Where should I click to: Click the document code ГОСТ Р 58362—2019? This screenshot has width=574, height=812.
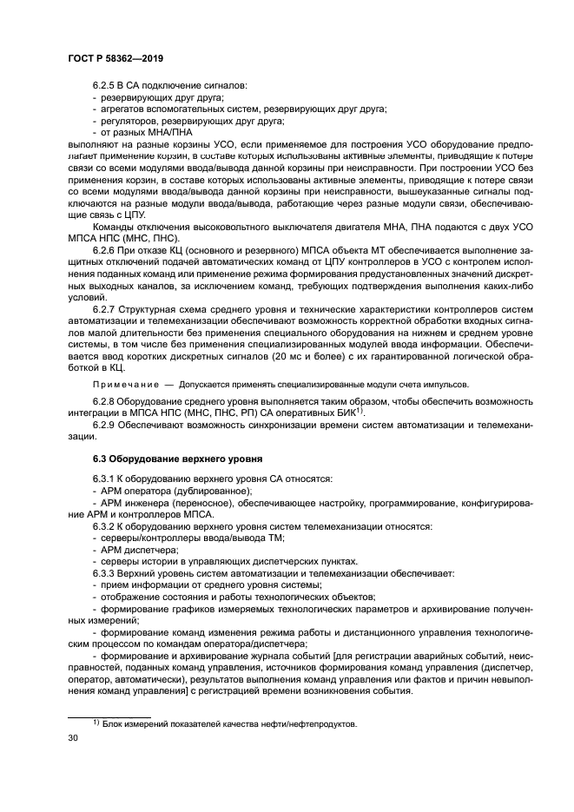115,57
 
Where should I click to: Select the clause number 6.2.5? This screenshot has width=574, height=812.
104,86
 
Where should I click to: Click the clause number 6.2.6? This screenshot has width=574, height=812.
104,250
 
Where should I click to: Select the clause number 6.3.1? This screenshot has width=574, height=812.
104,479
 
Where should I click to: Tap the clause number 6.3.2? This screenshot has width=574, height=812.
104,527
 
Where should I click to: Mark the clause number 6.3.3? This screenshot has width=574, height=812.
104,573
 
